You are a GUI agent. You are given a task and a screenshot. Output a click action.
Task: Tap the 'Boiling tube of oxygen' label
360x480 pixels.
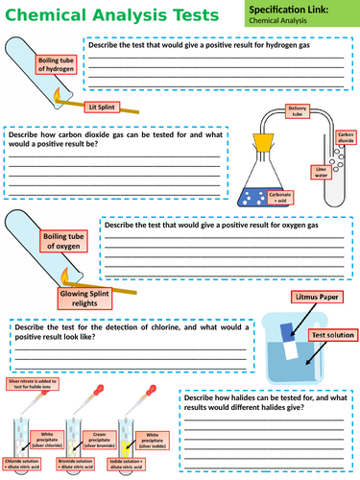tap(66, 240)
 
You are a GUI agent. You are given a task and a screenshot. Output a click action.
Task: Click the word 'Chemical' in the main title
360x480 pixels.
tap(43, 14)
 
